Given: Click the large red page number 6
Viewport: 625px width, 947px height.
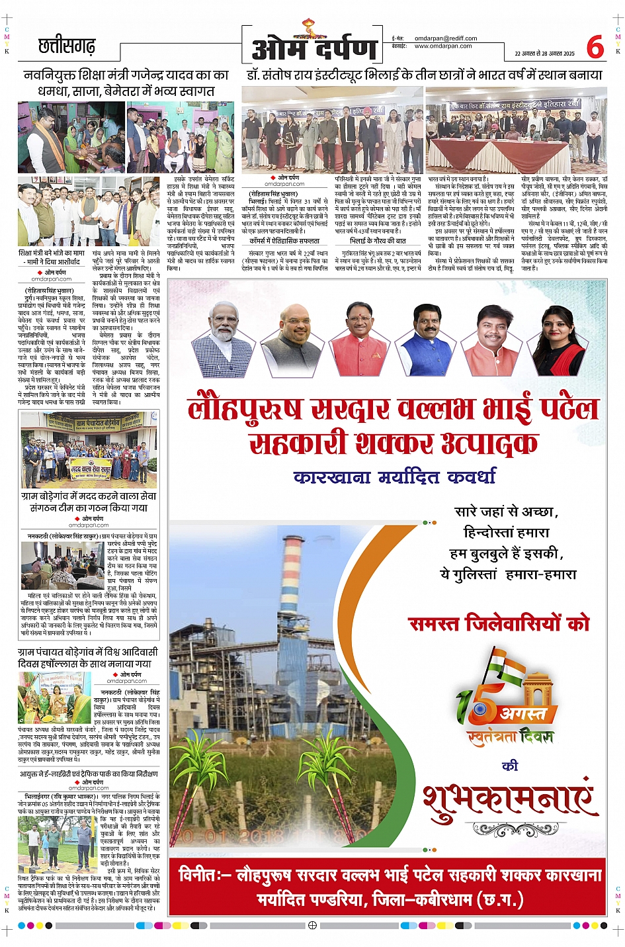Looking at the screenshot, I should coord(595,47).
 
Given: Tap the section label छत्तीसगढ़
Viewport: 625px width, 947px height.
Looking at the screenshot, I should coord(67,47).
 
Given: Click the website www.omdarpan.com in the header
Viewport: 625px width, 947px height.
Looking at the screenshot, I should coord(442,46).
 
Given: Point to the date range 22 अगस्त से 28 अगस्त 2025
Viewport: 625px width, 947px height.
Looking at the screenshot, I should coord(544,53).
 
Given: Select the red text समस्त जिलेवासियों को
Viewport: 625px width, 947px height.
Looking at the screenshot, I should coord(499,623).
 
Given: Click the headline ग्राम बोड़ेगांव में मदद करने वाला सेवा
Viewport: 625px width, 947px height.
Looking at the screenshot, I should coord(89,502).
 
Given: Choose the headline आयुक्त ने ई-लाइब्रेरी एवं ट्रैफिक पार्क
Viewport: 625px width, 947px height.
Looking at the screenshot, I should coord(89,773).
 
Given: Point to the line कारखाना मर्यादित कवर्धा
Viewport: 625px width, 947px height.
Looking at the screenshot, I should coord(394,476).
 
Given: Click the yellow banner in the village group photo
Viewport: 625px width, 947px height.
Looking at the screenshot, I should coord(91,468).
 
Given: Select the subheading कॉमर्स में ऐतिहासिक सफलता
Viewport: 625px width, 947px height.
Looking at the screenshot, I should coord(284,242).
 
